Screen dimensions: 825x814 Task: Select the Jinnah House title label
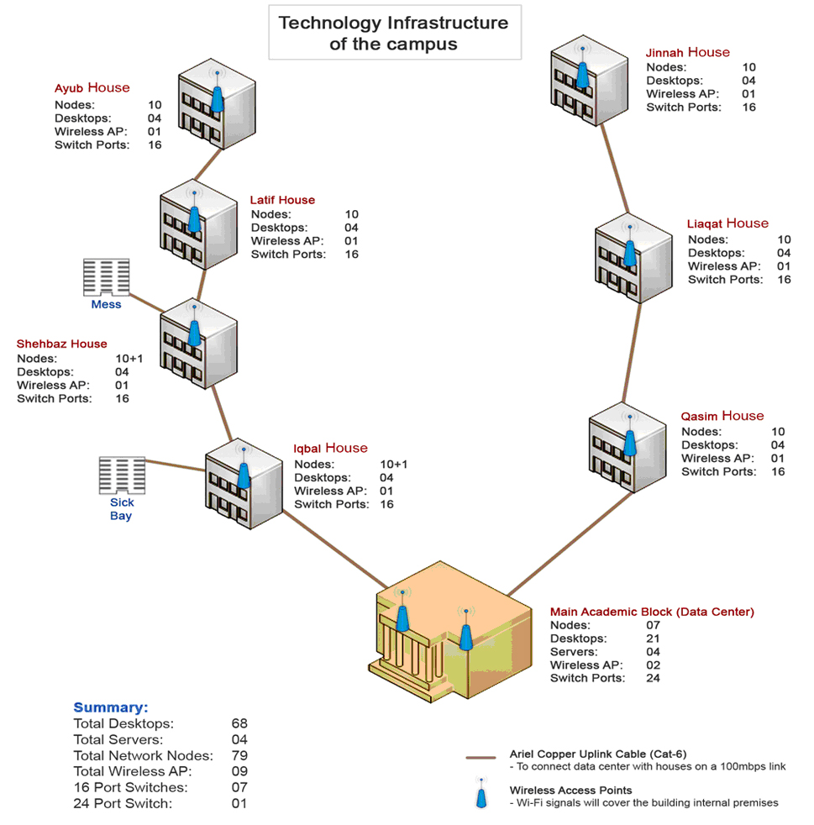tap(687, 52)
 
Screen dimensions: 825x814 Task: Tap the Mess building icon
tap(106, 277)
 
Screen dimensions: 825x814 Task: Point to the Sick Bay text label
tap(121, 509)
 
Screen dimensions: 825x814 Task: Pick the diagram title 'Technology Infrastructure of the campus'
tap(393, 33)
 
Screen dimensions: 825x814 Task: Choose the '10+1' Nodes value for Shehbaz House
tap(129, 358)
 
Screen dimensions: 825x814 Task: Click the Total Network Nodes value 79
tap(239, 755)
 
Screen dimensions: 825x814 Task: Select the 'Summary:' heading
tap(110, 707)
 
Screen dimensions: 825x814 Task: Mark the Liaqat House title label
tap(727, 223)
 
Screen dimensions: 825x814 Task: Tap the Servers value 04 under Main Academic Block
tap(651, 652)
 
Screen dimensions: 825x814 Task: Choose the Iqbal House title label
tap(330, 448)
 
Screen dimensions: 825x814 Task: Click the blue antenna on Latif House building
tap(194, 218)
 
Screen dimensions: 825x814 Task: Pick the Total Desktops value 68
tap(239, 723)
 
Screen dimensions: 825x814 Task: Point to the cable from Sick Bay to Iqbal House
tap(177, 463)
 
